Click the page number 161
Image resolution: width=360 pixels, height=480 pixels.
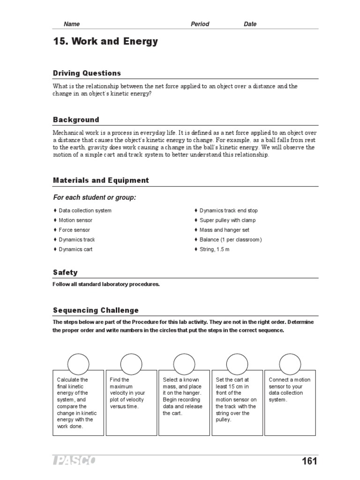(x=309, y=461)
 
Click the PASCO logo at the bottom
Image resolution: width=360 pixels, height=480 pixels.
(x=74, y=461)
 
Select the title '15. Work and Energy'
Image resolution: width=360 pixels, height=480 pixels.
(x=105, y=42)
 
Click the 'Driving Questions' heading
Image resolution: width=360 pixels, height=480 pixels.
(x=87, y=73)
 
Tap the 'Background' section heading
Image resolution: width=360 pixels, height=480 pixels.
(x=76, y=120)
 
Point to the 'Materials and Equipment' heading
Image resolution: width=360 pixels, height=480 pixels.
(x=101, y=180)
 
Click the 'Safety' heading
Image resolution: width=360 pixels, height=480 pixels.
(x=66, y=272)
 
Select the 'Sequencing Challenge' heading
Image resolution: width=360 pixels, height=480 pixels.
(x=96, y=310)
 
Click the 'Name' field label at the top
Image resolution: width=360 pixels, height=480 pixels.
(x=72, y=24)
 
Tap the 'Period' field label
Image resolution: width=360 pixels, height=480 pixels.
(x=200, y=24)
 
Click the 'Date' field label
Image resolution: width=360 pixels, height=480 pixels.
(x=250, y=24)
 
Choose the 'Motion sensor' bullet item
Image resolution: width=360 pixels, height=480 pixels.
(x=75, y=220)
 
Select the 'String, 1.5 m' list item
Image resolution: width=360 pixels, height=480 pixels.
(x=215, y=249)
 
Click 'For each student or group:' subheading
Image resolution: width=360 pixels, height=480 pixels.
(x=94, y=198)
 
